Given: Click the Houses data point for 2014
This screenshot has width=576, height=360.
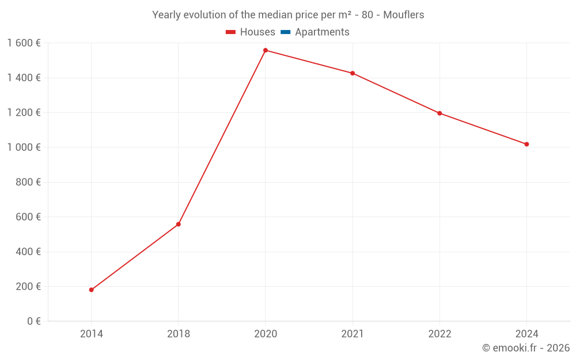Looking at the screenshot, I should pyautogui.click(x=91, y=290).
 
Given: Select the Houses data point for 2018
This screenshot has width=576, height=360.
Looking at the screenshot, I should pyautogui.click(x=179, y=224).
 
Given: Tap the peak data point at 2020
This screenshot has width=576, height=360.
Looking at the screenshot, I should pyautogui.click(x=266, y=50).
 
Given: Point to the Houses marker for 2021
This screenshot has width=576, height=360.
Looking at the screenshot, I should pyautogui.click(x=353, y=73).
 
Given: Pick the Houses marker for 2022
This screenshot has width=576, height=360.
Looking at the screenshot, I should pyautogui.click(x=439, y=113).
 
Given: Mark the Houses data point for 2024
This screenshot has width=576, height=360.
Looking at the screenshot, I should pyautogui.click(x=526, y=144).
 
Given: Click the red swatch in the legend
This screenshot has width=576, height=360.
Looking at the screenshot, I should pyautogui.click(x=231, y=32).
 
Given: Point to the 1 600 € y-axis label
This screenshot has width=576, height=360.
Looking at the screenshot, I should pyautogui.click(x=24, y=43).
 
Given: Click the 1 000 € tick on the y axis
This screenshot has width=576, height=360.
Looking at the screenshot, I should pyautogui.click(x=24, y=147).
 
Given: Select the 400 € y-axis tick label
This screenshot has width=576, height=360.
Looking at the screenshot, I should pyautogui.click(x=28, y=252).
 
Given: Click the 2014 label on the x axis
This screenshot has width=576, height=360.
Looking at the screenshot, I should pyautogui.click(x=91, y=334).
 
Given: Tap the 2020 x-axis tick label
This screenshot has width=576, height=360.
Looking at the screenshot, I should pyautogui.click(x=266, y=334).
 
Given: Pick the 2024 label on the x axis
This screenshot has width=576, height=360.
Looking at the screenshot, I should pyautogui.click(x=526, y=334).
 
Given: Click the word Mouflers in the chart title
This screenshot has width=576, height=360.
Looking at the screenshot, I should pyautogui.click(x=403, y=15).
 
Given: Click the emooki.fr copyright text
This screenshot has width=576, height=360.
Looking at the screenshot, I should pyautogui.click(x=525, y=348).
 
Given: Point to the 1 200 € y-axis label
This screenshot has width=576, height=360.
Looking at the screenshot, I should pyautogui.click(x=24, y=113).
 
